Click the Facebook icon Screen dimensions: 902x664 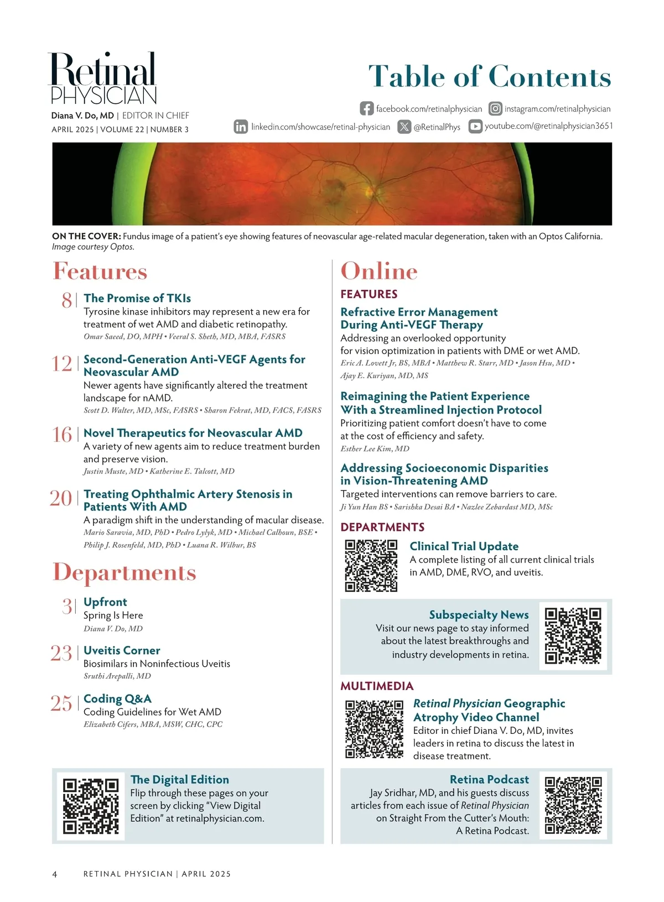tap(366, 108)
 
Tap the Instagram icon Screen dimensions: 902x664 tap(496, 108)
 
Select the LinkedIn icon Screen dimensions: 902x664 tap(241, 127)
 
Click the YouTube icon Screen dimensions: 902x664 tap(475, 126)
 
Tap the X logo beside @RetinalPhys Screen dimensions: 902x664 tap(404, 127)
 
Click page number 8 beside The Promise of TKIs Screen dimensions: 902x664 tap(66, 300)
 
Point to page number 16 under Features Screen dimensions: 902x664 tap(62, 435)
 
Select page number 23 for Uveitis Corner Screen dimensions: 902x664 tap(61, 653)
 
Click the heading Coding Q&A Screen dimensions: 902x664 tap(117, 698)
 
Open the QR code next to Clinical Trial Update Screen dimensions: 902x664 tap(371, 565)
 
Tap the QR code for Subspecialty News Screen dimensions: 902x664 tap(573, 635)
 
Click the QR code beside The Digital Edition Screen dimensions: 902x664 tap(91, 806)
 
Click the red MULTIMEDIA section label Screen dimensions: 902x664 tap(377, 686)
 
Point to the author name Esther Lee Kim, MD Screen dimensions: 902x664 tap(375, 449)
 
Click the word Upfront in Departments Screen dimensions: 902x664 tap(105, 602)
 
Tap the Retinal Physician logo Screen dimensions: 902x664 tap(103, 79)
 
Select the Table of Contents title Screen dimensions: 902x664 tap(490, 76)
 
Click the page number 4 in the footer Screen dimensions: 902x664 tap(54, 874)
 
